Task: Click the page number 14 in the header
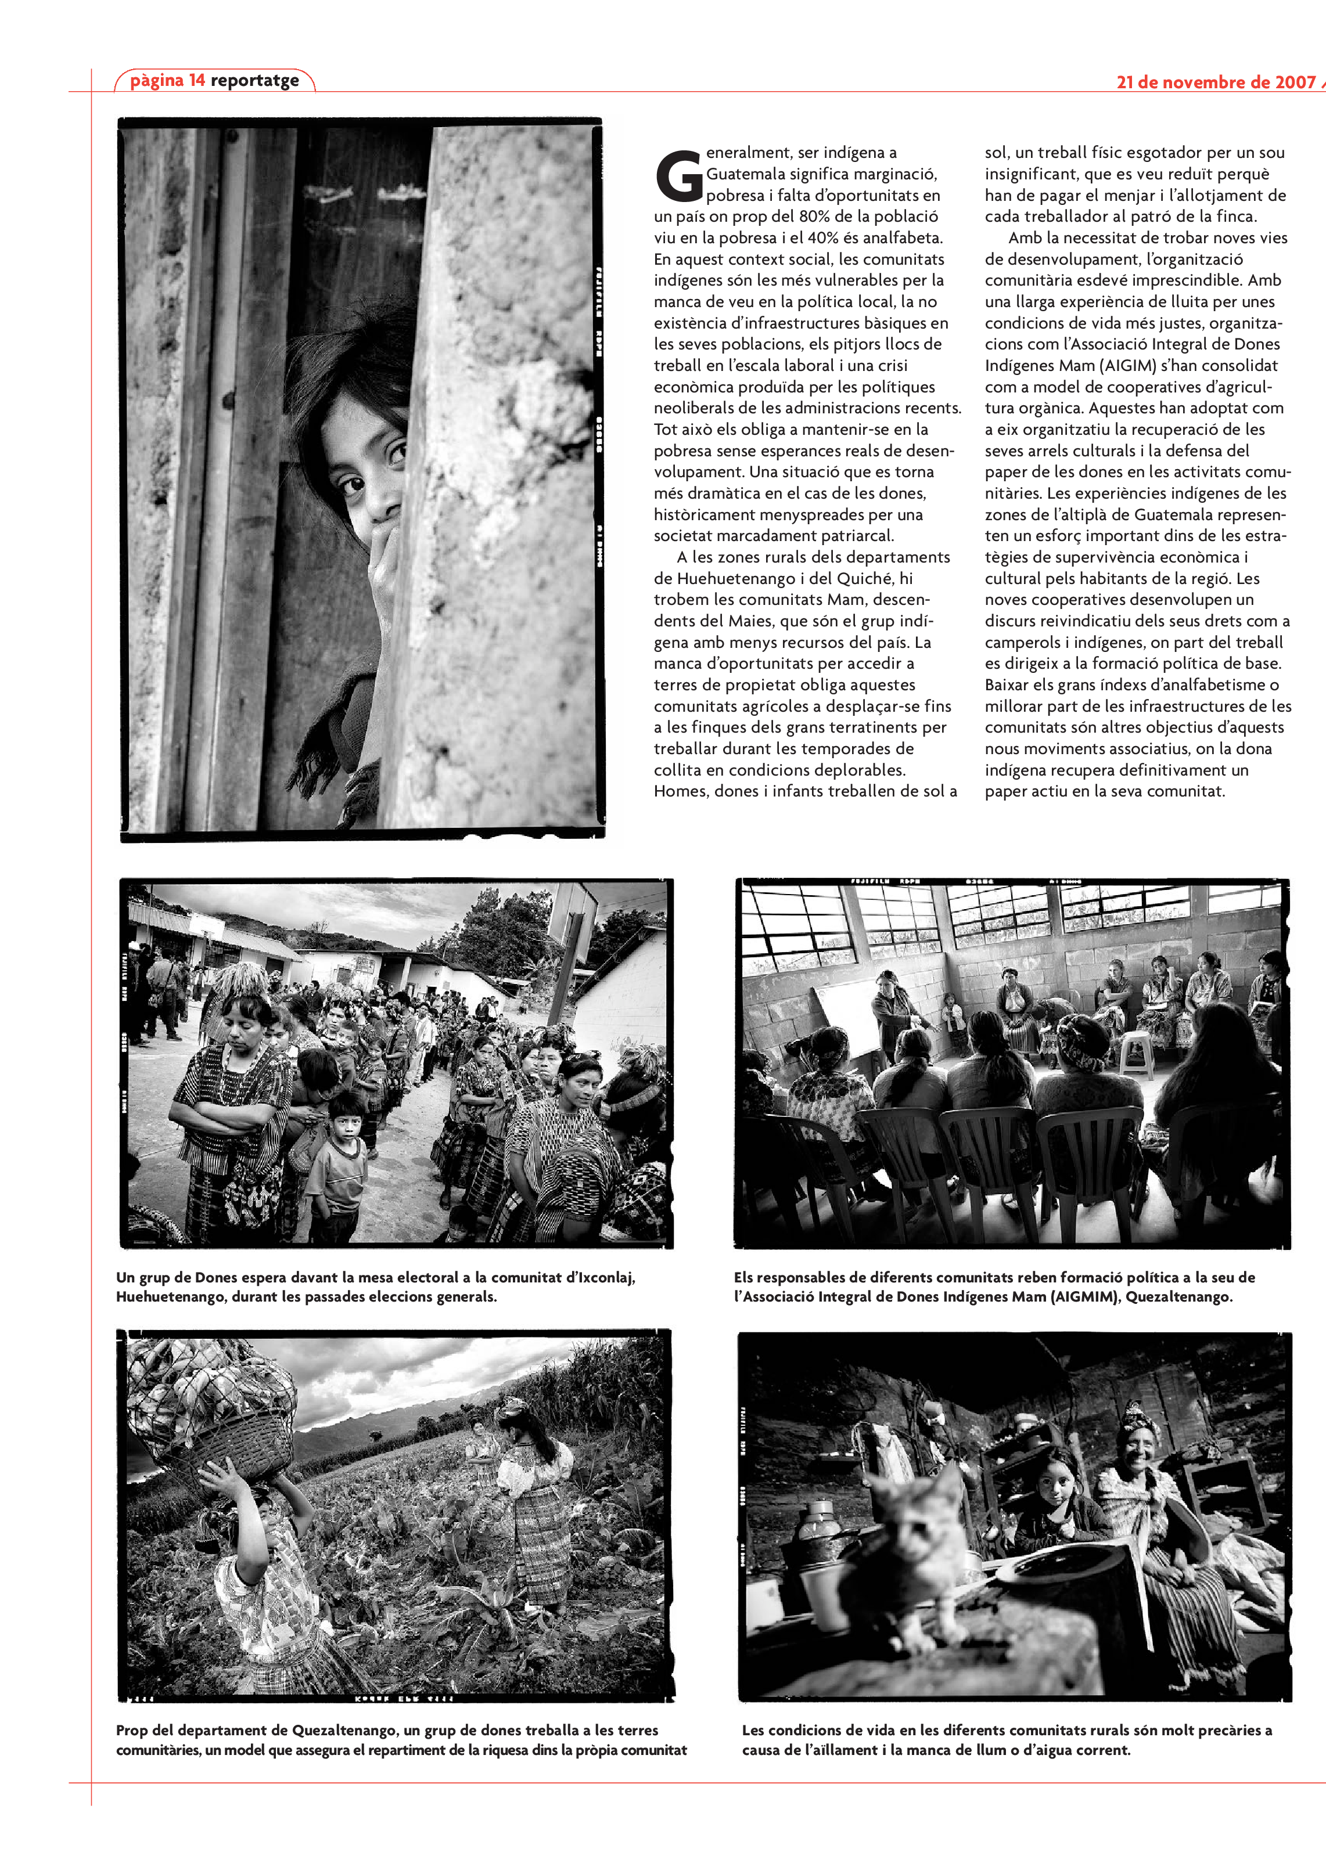point(197,80)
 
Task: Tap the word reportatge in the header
point(255,81)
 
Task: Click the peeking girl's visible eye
point(354,486)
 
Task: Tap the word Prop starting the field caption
point(132,1731)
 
